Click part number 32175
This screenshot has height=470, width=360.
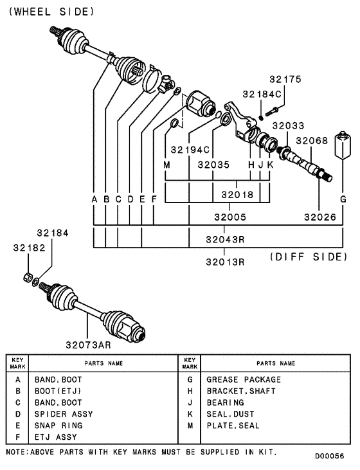point(285,80)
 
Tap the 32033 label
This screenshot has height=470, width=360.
point(288,126)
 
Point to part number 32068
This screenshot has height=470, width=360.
point(312,141)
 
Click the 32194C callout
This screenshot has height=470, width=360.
point(190,150)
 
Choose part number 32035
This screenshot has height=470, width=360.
point(213,165)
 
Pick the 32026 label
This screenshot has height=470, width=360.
point(320,217)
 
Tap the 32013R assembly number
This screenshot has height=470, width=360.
point(225,262)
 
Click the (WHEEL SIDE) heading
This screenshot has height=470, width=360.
point(51,12)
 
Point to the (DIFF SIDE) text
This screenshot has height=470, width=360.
point(307,257)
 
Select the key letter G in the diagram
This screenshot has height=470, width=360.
point(343,200)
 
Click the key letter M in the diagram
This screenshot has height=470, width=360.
point(166,165)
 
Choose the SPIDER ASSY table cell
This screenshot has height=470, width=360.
point(64,414)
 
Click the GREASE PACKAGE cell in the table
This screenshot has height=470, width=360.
point(244,379)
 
